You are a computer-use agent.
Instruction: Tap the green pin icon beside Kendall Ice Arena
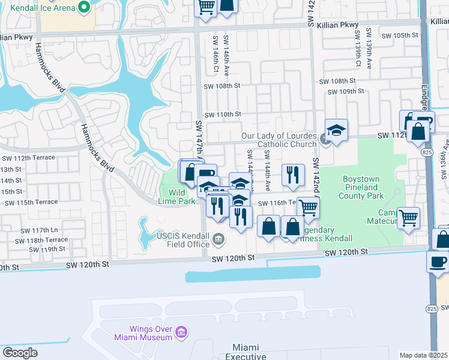(x=85, y=7)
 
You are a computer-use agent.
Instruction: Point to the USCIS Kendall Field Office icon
(x=218, y=240)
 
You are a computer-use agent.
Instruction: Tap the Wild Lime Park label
(x=177, y=197)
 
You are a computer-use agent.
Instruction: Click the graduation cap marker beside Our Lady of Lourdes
(x=337, y=130)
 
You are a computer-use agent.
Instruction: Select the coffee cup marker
(x=438, y=262)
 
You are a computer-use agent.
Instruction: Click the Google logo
(x=20, y=353)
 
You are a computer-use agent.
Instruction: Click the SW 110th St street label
(x=223, y=114)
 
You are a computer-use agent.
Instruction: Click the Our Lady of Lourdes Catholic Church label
(x=279, y=140)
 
